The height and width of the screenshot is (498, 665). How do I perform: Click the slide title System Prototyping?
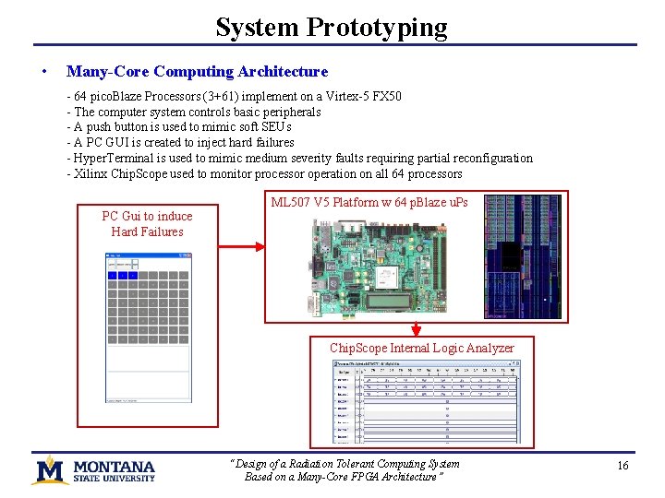tap(332, 27)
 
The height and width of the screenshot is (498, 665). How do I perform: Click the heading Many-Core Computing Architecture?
tap(197, 71)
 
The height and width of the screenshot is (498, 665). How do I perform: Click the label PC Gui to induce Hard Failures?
tap(147, 224)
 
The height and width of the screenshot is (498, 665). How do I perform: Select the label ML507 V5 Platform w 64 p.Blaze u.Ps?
tap(369, 202)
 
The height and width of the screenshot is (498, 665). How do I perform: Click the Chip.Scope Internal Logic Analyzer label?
tap(421, 348)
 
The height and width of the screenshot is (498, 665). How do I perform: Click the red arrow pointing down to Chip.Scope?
tap(417, 328)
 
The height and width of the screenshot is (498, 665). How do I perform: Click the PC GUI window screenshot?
tap(148, 327)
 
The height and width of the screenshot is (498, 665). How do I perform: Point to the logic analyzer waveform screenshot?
tap(426, 401)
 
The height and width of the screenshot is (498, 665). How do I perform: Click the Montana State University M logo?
tap(51, 470)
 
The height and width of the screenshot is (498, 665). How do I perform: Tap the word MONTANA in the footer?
tap(115, 466)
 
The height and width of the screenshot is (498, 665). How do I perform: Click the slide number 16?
tap(623, 466)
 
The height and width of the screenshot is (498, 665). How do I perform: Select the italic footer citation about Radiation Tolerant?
tap(345, 470)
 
